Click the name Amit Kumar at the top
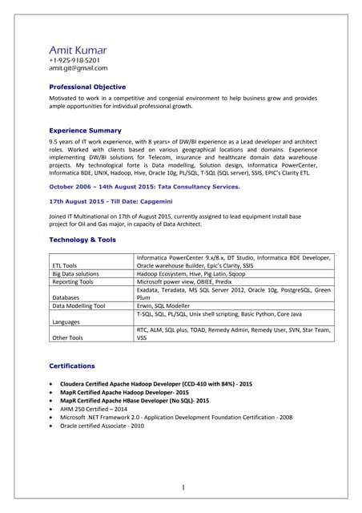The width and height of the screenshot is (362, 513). point(78,50)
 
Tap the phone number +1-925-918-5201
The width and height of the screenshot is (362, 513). point(74,60)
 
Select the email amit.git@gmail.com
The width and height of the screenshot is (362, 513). point(78,68)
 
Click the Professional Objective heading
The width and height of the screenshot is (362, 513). point(87,87)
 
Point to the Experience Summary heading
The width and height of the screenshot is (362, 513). point(85,130)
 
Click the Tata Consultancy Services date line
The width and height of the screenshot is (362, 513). point(144,186)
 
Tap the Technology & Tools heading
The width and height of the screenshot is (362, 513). point(82,240)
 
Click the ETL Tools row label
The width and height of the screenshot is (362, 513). point(65,265)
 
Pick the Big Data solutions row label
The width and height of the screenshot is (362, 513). point(75,274)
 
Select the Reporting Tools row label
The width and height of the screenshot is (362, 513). point(73,282)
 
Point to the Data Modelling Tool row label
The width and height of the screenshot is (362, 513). point(78,305)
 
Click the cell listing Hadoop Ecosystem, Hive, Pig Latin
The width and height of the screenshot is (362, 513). point(191,274)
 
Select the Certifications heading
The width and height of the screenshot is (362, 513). point(72,366)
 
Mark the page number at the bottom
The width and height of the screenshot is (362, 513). point(183,487)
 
